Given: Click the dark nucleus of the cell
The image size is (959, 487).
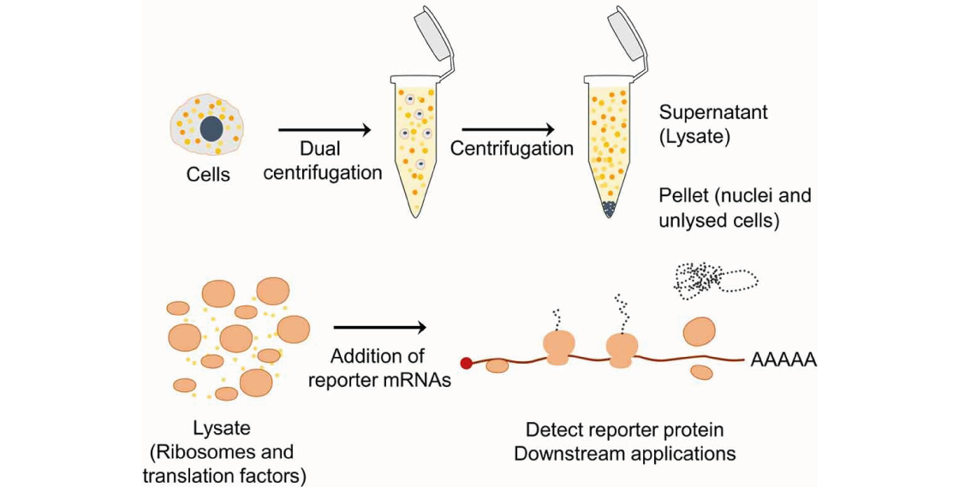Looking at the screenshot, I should (x=211, y=128).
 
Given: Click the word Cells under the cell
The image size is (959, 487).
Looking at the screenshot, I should (x=208, y=175).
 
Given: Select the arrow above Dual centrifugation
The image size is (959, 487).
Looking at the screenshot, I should (x=325, y=130).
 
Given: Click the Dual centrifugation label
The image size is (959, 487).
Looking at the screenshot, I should (x=323, y=161).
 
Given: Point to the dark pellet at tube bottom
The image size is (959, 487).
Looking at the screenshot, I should (x=609, y=208).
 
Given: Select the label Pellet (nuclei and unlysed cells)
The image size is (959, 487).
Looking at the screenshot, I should (x=735, y=208).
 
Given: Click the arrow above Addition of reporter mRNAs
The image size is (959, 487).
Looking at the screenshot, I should (x=379, y=327).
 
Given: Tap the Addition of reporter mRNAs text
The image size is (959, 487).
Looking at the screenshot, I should (x=379, y=368).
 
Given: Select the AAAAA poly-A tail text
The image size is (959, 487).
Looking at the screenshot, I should (x=783, y=360).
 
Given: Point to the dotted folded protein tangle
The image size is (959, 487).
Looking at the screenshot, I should (x=715, y=277).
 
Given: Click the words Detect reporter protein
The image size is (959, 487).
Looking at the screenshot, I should (x=624, y=430).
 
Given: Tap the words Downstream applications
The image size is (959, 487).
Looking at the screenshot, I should (x=624, y=453).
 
